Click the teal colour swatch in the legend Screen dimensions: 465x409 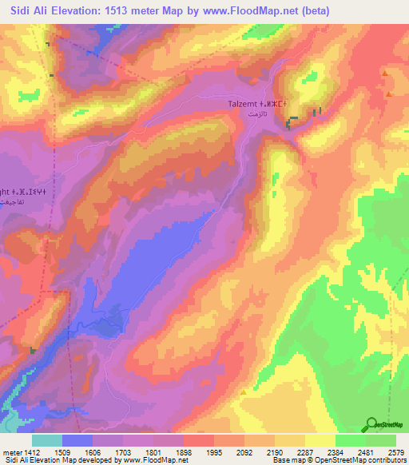(x=47, y=439)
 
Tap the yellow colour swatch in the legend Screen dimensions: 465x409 (x=320, y=439)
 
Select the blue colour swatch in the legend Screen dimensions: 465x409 (x=77, y=439)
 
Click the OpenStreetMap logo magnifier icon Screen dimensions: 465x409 (x=372, y=424)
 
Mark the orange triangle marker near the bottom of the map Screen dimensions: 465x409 (x=243, y=393)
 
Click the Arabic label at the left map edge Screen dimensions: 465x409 (x=6, y=205)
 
